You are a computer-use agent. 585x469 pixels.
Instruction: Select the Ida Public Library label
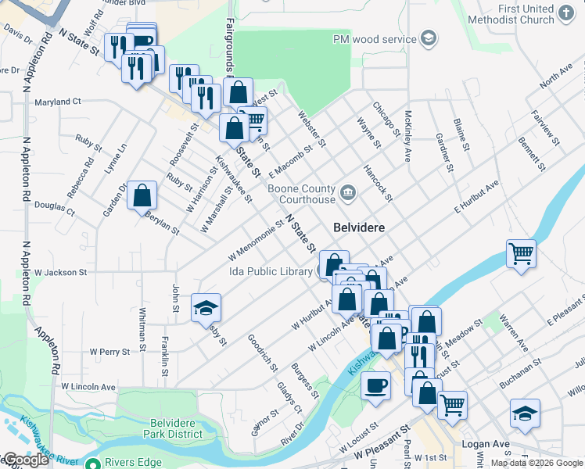(271, 271)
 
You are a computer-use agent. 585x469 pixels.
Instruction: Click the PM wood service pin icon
(428, 38)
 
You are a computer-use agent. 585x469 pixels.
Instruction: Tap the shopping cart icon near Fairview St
(521, 254)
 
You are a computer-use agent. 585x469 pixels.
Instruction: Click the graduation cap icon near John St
(206, 307)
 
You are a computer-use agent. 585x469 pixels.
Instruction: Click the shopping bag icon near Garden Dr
(142, 195)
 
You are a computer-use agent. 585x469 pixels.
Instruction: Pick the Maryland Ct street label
(58, 102)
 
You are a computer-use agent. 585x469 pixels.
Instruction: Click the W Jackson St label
(59, 272)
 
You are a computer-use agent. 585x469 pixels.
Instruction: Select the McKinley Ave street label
(407, 135)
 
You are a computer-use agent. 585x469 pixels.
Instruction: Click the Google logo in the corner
(25, 460)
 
